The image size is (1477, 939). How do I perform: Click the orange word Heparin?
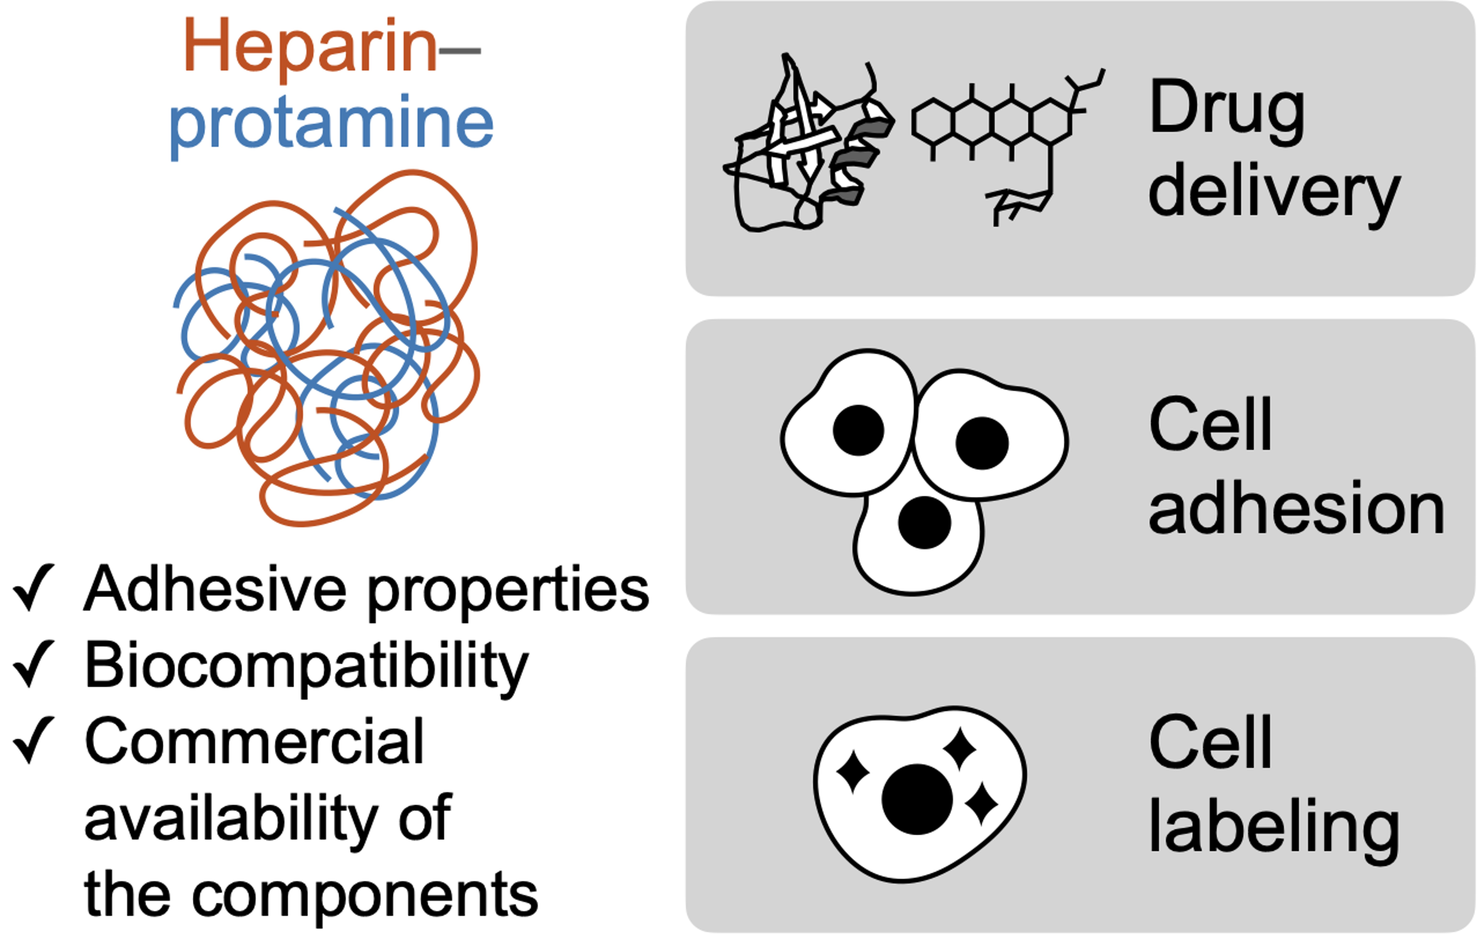(310, 48)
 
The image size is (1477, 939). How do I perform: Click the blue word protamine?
(331, 124)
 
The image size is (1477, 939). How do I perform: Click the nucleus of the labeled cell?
(917, 799)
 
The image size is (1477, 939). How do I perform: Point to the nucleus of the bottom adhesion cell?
(924, 523)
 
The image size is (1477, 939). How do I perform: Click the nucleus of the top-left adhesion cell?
(858, 430)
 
